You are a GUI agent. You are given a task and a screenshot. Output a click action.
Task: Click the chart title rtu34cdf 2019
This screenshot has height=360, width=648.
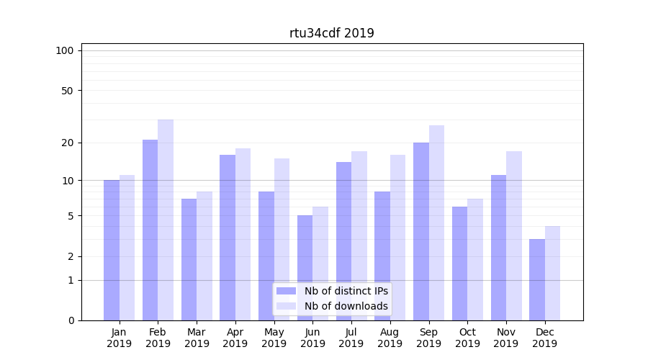[331, 33]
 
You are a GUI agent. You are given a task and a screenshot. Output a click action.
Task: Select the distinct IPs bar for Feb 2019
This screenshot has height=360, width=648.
[150, 230]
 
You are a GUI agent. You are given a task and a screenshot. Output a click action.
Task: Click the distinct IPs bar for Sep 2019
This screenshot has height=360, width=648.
[421, 231]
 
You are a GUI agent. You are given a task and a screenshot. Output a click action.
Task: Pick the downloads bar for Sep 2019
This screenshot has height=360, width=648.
[436, 223]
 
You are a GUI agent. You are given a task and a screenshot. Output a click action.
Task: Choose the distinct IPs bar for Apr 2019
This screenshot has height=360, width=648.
[228, 238]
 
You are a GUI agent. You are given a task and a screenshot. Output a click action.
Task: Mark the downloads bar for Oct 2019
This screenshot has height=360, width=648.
[475, 259]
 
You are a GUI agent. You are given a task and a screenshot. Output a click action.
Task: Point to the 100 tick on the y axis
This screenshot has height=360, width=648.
[65, 50]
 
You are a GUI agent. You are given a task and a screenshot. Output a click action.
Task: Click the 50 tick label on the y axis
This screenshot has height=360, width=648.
[68, 91]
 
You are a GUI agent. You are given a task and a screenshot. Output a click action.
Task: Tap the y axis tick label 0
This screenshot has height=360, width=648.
[71, 320]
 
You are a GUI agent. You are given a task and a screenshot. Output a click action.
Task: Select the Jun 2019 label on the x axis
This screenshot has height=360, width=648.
[312, 338]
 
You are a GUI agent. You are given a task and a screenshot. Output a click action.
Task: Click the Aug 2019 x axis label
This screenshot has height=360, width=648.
[390, 338]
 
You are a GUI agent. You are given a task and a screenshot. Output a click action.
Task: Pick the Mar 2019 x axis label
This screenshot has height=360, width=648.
[197, 338]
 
